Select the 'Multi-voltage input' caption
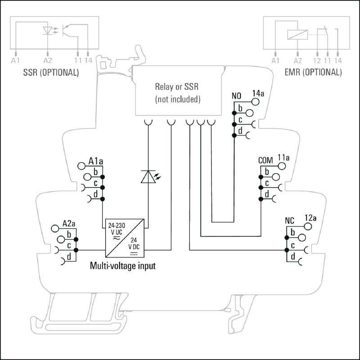[x=123, y=266]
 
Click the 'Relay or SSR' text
[x=177, y=86]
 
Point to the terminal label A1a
[x=96, y=161]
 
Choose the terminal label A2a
[x=69, y=224]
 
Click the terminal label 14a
[x=258, y=93]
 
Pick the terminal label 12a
[x=311, y=218]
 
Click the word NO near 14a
[x=237, y=96]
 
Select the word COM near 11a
[x=266, y=161]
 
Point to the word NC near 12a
[x=290, y=221]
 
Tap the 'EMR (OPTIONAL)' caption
[x=313, y=72]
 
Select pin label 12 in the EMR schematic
[x=318, y=60]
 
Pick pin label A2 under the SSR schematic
[x=48, y=60]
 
